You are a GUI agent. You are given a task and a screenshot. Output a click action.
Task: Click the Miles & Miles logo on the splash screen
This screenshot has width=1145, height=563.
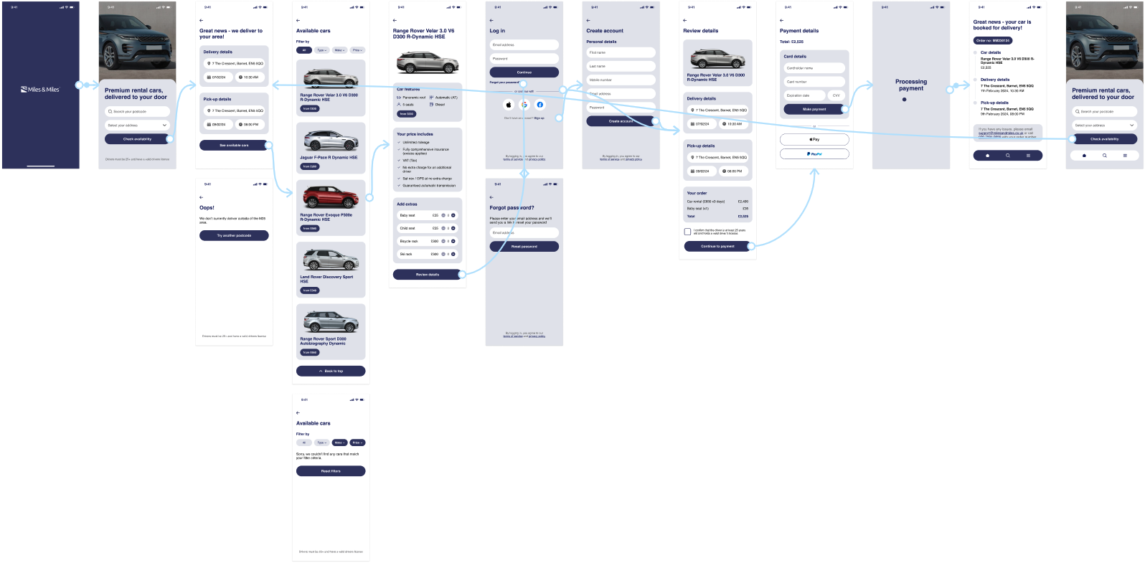click(x=40, y=90)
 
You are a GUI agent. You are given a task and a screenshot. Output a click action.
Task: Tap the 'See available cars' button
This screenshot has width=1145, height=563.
click(x=234, y=146)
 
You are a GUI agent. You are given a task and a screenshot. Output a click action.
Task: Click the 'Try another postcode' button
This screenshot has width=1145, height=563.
click(x=234, y=236)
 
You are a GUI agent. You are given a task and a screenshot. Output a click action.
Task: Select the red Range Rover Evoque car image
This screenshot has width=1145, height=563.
click(x=330, y=197)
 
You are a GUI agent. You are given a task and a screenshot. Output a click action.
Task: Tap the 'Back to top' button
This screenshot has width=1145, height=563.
click(x=331, y=372)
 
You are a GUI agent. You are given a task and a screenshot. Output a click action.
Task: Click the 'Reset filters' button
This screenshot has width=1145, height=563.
click(x=331, y=471)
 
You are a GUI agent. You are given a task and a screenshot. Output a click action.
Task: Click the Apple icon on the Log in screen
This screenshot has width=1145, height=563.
click(x=509, y=105)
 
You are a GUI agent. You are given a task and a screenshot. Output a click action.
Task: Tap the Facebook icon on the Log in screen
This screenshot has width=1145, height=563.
click(x=540, y=105)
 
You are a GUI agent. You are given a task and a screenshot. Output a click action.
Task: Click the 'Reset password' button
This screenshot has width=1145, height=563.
click(x=524, y=247)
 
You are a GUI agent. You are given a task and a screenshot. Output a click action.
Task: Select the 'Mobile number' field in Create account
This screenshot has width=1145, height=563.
click(x=621, y=80)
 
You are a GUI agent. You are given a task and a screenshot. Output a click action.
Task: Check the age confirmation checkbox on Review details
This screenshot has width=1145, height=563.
click(x=687, y=232)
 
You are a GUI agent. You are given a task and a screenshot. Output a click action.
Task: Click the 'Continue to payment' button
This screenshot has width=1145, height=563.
click(x=717, y=247)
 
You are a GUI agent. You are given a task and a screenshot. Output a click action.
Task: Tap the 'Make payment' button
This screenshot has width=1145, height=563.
click(x=814, y=110)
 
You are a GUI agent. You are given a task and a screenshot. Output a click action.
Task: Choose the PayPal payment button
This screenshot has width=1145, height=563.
click(x=814, y=154)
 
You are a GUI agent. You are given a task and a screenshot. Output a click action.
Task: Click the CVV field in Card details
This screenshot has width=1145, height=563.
click(x=837, y=95)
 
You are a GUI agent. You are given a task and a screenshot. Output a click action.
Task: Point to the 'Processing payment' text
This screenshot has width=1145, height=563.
click(x=911, y=85)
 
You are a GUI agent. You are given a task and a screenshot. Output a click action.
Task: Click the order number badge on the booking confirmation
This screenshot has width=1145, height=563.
click(x=993, y=41)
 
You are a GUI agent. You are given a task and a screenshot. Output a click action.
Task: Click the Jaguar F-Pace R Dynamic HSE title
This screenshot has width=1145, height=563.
click(x=329, y=158)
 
